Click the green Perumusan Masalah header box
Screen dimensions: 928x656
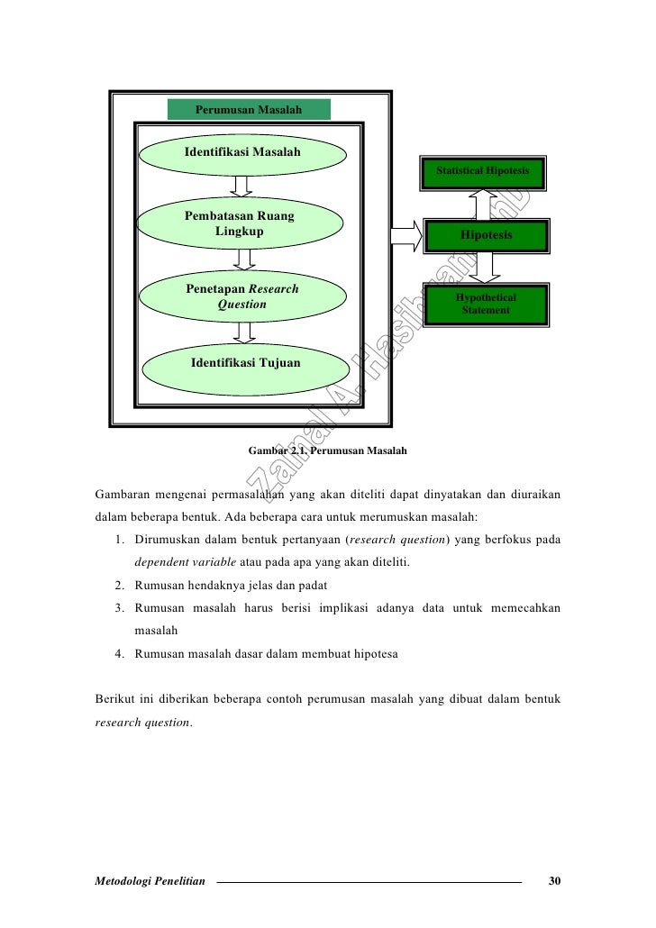tap(249, 110)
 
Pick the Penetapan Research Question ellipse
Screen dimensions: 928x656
tap(241, 296)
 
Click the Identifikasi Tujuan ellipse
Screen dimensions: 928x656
tap(245, 364)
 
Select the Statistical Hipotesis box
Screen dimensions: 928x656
tap(483, 170)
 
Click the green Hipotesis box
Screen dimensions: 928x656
tap(486, 235)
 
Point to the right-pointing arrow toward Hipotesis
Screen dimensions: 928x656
tap(406, 236)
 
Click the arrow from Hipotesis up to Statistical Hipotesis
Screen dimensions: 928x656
tap(485, 204)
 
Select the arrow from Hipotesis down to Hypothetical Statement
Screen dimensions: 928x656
tap(485, 267)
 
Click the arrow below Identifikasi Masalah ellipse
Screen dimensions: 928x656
tap(241, 186)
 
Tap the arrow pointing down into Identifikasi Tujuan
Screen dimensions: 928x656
tap(244, 332)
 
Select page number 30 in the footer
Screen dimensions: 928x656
tap(555, 880)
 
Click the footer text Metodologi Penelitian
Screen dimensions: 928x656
tap(150, 880)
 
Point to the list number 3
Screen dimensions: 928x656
tap(119, 608)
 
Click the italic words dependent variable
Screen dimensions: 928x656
tap(185, 563)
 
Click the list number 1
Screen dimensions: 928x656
tap(119, 541)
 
